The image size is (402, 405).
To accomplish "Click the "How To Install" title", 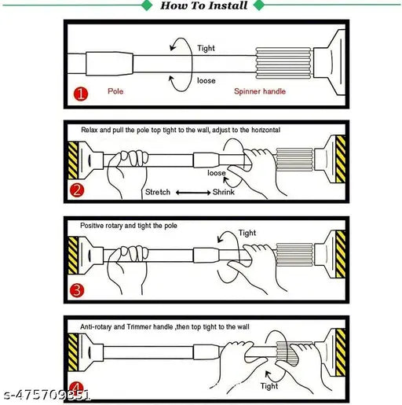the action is click(x=204, y=6).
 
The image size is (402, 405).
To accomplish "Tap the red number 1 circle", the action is click(x=81, y=94).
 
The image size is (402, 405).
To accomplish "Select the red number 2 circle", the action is click(x=77, y=190).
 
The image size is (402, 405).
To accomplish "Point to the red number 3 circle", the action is click(x=77, y=290).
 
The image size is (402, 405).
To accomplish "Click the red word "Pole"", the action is click(x=115, y=91).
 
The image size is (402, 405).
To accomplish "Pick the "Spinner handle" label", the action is click(x=260, y=91).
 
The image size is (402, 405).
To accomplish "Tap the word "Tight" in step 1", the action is click(x=206, y=48).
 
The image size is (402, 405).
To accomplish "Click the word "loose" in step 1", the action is click(x=206, y=80).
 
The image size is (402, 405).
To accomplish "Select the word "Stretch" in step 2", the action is click(x=158, y=192).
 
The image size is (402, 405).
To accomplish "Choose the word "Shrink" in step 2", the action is click(x=224, y=192).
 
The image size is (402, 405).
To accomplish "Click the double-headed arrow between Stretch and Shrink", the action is click(x=193, y=193).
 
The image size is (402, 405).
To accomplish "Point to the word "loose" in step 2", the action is click(x=217, y=173).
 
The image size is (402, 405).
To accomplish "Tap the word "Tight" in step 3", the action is click(x=247, y=233).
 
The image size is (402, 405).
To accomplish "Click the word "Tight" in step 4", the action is click(x=269, y=386).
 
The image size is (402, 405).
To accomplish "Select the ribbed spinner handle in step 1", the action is click(x=283, y=63).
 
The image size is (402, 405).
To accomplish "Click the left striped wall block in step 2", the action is click(x=73, y=160).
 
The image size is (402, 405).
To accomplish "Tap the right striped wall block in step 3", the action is click(x=341, y=254).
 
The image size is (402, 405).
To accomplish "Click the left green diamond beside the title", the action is click(x=147, y=6).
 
